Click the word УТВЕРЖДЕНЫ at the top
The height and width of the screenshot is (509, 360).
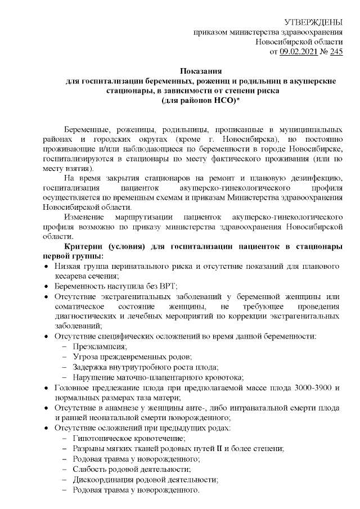pyautogui.click(x=314, y=22)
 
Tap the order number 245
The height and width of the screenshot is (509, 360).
pyautogui.click(x=336, y=52)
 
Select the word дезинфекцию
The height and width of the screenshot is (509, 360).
pyautogui.click(x=316, y=178)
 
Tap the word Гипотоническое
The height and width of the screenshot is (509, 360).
pyautogui.click(x=102, y=438)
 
